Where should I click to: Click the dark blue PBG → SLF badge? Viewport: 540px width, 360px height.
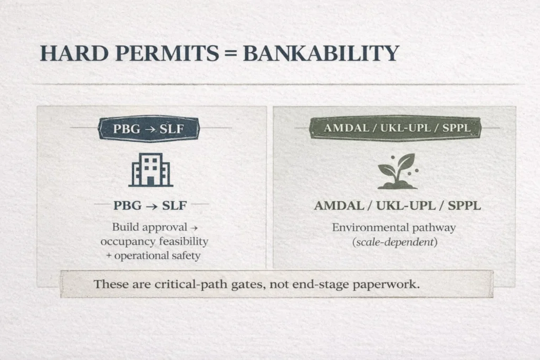pos(150,129)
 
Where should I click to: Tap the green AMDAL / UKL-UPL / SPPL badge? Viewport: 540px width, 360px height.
pos(397,128)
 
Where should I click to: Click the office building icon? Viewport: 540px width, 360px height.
pos(150,170)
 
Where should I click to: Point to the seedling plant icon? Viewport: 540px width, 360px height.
pos(397,171)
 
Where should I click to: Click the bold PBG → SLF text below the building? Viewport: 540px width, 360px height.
pos(150,206)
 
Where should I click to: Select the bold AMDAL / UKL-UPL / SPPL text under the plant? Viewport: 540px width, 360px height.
pos(397,206)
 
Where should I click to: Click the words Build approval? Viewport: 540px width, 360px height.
pos(150,228)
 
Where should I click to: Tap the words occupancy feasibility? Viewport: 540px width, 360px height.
pos(154,241)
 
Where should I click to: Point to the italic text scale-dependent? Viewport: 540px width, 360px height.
pos(394,242)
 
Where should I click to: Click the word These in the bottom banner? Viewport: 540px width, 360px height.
pos(110,284)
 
